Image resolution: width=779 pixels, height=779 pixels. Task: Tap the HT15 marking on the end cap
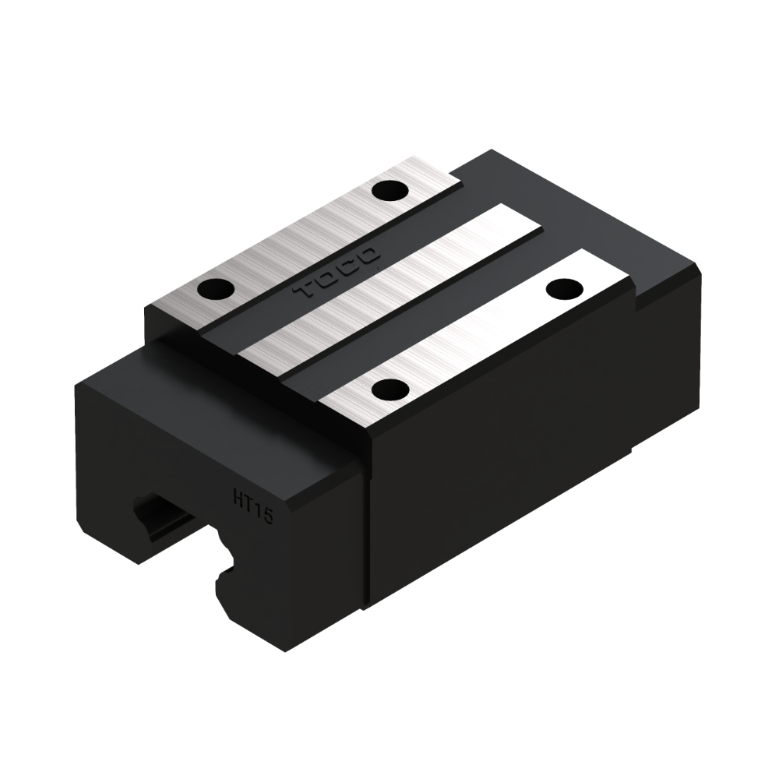pyautogui.click(x=253, y=505)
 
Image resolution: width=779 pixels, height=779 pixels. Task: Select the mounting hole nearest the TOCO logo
pyautogui.click(x=216, y=288)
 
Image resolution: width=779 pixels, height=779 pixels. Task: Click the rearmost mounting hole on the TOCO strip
pyautogui.click(x=390, y=192)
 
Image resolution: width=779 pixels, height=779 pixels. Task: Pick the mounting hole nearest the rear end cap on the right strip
pyautogui.click(x=565, y=287)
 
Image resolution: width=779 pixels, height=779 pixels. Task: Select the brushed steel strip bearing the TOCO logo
pyautogui.click(x=303, y=243)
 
